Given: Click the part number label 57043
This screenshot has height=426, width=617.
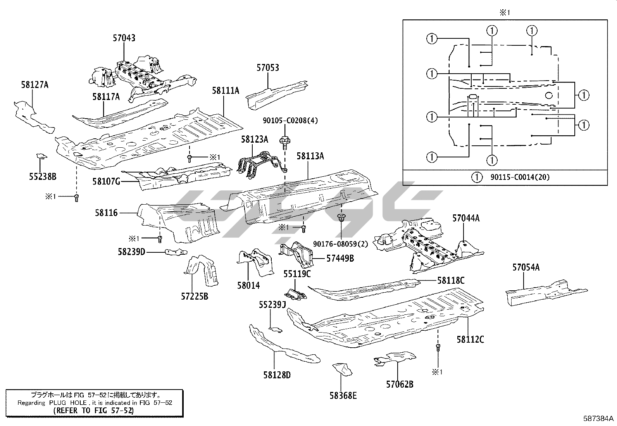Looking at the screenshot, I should pyautogui.click(x=124, y=38).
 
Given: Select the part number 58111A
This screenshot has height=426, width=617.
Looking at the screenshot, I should pyautogui.click(x=226, y=91).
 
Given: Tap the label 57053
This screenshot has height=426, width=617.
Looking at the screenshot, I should pyautogui.click(x=267, y=68).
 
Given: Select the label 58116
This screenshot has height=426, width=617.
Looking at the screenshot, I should pyautogui.click(x=106, y=213).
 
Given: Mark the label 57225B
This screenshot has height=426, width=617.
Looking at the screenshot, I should pyautogui.click(x=195, y=297).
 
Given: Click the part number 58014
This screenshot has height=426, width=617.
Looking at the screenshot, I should pyautogui.click(x=248, y=286).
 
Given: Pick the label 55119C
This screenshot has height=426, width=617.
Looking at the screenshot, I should pyautogui.click(x=296, y=274).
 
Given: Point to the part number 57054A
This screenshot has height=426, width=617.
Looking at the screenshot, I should pyautogui.click(x=526, y=267).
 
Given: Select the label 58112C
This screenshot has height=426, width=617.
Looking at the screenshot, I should pyautogui.click(x=470, y=340).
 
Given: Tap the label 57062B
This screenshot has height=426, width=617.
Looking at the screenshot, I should pyautogui.click(x=400, y=384).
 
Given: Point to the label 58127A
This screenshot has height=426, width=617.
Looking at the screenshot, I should pyautogui.click(x=35, y=85).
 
